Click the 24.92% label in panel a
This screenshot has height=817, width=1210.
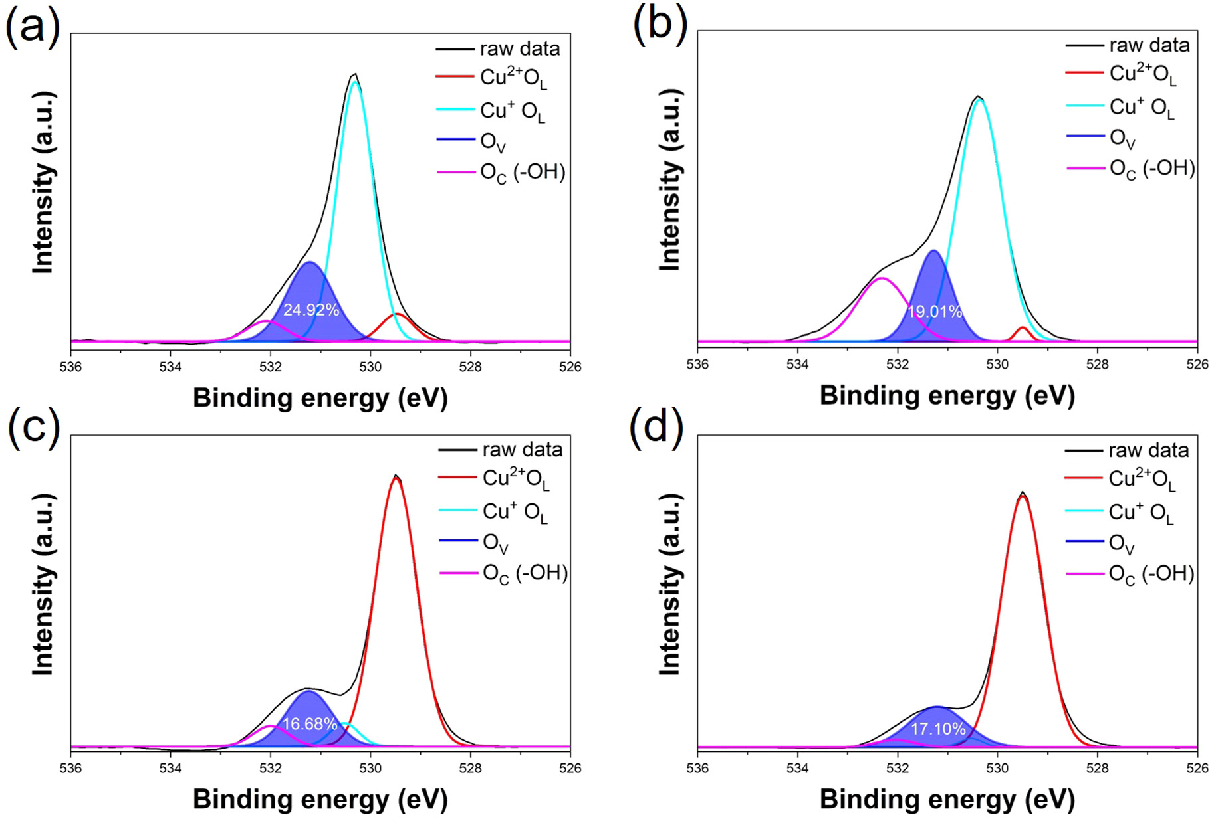(311, 310)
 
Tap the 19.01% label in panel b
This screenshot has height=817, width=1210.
(935, 312)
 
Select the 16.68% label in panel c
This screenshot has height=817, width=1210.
(310, 724)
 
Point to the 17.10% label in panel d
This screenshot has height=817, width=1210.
(937, 729)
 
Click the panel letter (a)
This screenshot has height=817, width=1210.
(33, 28)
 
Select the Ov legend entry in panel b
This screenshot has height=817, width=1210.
(1122, 138)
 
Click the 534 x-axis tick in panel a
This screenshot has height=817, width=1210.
(170, 367)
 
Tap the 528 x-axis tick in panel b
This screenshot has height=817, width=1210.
(1097, 363)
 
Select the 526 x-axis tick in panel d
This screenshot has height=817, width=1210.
(1197, 769)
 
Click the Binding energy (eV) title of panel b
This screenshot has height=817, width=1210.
(947, 395)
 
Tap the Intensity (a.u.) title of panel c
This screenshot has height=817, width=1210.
(43, 585)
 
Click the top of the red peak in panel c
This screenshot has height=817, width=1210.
(396, 478)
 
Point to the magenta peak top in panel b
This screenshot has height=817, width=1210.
(882, 278)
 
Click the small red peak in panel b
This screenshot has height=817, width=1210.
(1022, 328)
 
